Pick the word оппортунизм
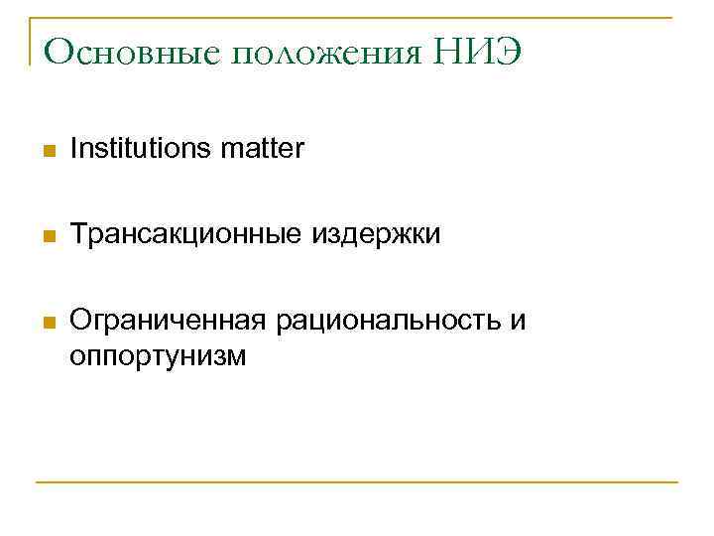tap(157, 354)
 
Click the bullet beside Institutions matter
tap(47, 152)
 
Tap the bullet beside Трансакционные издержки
tap(47, 237)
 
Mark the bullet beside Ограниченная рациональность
tap(47, 323)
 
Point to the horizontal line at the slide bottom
tap(357, 482)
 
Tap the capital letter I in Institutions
tap(74, 150)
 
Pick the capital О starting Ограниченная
tap(80, 321)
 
